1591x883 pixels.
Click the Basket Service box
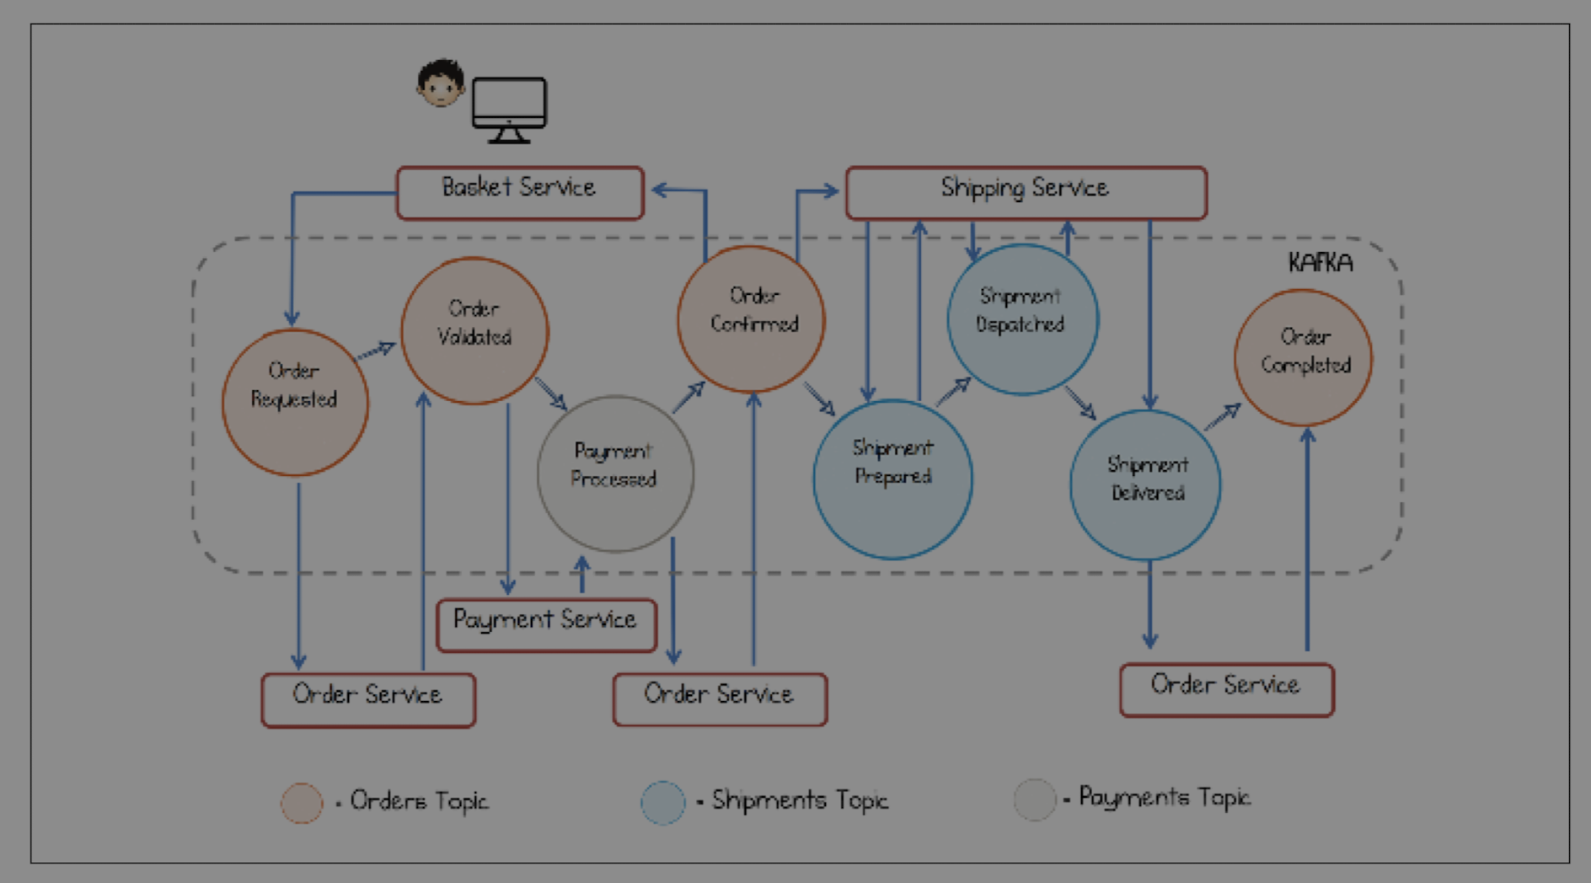pos(520,193)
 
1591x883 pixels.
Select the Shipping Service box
pos(1026,193)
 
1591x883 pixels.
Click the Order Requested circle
pos(295,402)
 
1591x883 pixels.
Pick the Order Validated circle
pos(474,330)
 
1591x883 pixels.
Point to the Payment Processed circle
pos(615,474)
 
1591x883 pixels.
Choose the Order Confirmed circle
pos(751,318)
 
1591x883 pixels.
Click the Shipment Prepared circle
pos(892,479)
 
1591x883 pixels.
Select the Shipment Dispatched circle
pos(1022,319)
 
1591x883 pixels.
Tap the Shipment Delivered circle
pos(1145,484)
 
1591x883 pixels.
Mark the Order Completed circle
pos(1303,357)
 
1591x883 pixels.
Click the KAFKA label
pos(1320,263)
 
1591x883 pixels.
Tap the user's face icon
pos(441,83)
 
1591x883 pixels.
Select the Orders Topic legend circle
pos(302,802)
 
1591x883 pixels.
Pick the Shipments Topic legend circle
pos(663,802)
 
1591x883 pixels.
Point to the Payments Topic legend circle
pos(1035,800)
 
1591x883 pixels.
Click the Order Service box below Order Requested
pos(368,699)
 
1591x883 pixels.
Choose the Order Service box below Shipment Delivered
pos(1226,690)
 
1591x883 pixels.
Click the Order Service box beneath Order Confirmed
pos(720,698)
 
